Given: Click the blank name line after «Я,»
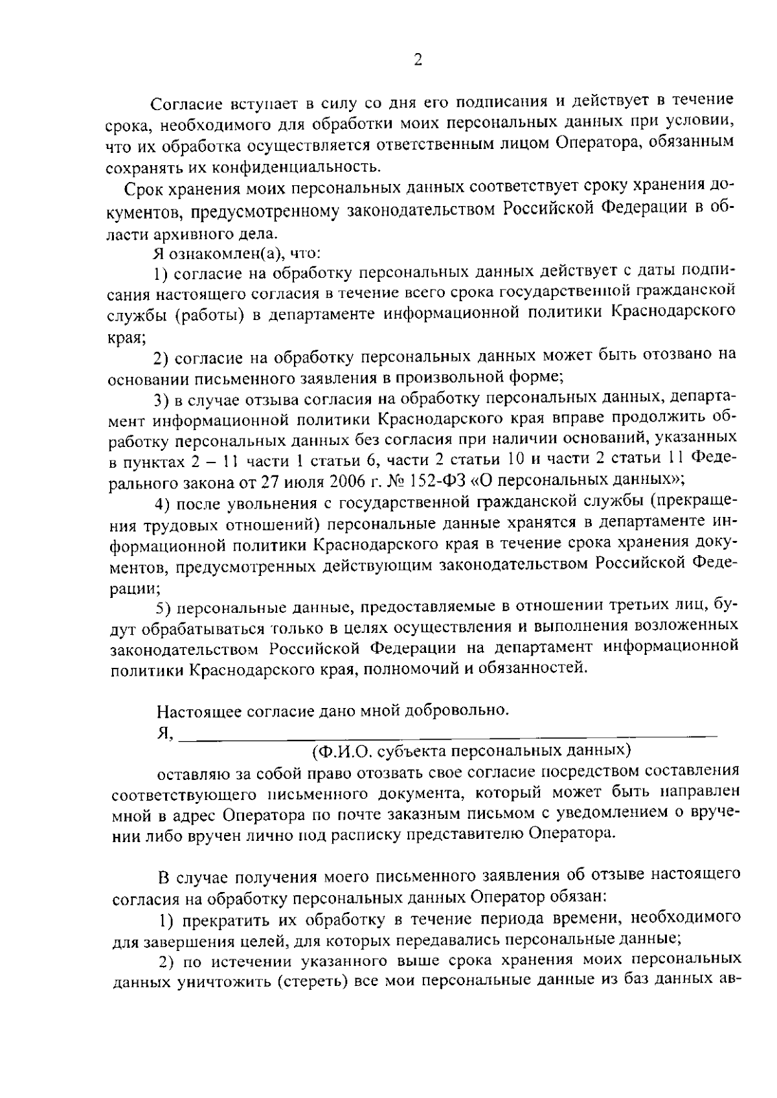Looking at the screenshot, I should [447, 733].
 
